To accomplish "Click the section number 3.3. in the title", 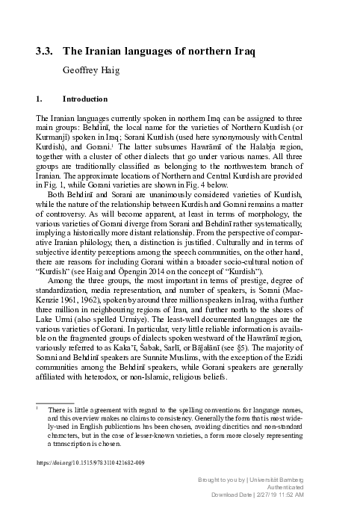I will coord(45,52).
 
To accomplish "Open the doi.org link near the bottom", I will coord(90,463).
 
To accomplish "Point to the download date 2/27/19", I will coord(282,495).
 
